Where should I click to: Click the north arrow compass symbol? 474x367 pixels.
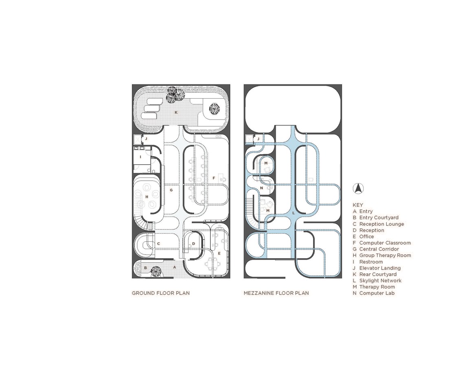(x=358, y=188)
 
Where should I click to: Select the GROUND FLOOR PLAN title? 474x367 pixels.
(x=160, y=293)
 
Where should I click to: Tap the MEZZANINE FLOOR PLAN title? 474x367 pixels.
(x=276, y=293)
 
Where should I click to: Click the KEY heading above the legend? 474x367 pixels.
(x=358, y=205)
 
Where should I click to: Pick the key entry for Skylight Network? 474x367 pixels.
(x=377, y=281)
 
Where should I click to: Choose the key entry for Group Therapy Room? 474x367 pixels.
(x=382, y=255)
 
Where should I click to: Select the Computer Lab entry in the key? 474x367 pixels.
(x=374, y=293)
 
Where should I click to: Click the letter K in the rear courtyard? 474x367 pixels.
(x=176, y=112)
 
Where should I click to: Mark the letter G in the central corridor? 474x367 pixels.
(x=171, y=190)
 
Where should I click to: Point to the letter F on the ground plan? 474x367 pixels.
(x=214, y=178)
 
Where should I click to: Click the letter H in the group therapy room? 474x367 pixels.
(x=147, y=197)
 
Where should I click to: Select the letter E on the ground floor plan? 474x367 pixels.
(x=219, y=253)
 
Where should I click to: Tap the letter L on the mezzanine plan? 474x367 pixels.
(x=293, y=213)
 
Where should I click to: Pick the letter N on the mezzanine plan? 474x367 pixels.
(x=261, y=188)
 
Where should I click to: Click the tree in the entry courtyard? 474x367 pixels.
(x=156, y=271)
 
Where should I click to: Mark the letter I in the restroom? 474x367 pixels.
(x=140, y=157)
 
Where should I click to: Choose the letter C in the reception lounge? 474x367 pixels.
(x=158, y=244)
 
